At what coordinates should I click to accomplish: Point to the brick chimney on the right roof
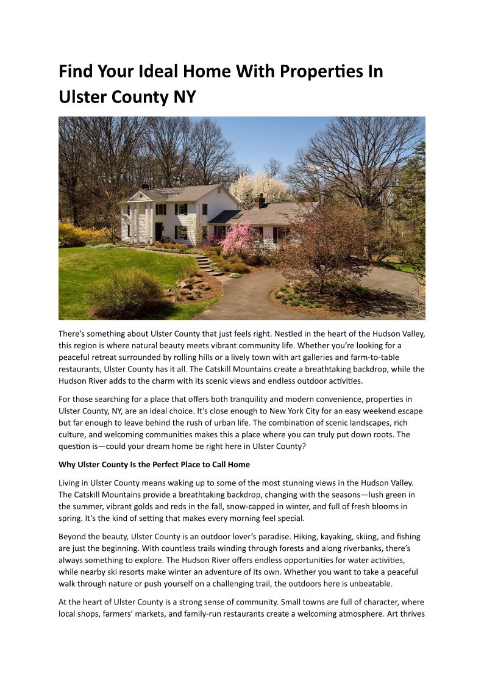[x=260, y=201]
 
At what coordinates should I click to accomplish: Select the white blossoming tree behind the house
[x=259, y=187]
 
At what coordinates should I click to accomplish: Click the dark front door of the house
[x=158, y=231]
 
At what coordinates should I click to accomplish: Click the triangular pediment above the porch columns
[x=138, y=196]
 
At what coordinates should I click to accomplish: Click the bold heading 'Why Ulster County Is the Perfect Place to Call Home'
[x=154, y=465]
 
